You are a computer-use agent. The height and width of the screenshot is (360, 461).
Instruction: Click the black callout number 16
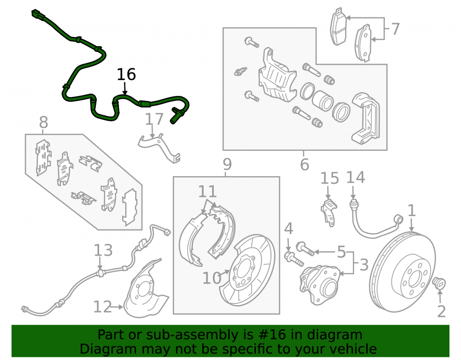click(126, 74)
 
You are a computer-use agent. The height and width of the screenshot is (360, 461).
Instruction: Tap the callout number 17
click(154, 119)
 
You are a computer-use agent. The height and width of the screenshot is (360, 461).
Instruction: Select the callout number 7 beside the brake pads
click(395, 29)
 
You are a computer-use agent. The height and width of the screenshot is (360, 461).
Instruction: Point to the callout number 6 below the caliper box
click(305, 164)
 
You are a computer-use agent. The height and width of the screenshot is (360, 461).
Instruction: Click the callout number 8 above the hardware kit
click(43, 122)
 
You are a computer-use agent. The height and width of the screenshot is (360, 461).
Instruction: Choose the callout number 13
click(103, 250)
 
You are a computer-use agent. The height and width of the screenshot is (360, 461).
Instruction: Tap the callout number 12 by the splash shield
click(103, 307)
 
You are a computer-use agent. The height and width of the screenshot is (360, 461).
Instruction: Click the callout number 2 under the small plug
click(441, 311)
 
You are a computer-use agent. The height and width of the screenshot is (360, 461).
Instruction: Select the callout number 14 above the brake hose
click(355, 177)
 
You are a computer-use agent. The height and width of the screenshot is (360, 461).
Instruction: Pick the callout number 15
click(329, 178)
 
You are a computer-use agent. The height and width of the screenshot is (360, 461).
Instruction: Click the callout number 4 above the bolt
click(289, 229)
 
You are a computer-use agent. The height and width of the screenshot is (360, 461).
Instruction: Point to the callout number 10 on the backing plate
click(212, 278)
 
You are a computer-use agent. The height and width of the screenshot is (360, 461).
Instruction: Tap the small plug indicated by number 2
click(439, 283)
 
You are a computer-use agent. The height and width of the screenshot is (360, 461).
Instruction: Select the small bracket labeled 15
click(329, 212)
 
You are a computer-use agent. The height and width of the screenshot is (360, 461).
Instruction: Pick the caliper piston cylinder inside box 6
click(322, 100)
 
